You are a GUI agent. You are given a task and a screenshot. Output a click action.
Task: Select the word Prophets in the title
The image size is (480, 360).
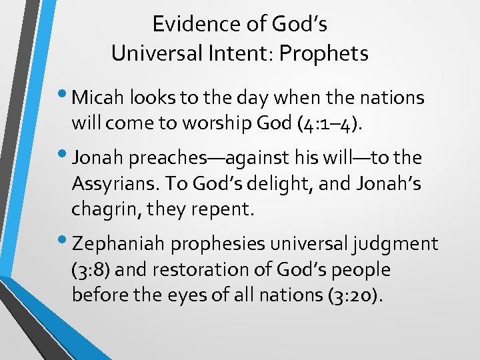327,53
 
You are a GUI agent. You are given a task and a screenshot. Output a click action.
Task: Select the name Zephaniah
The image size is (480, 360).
118,245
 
